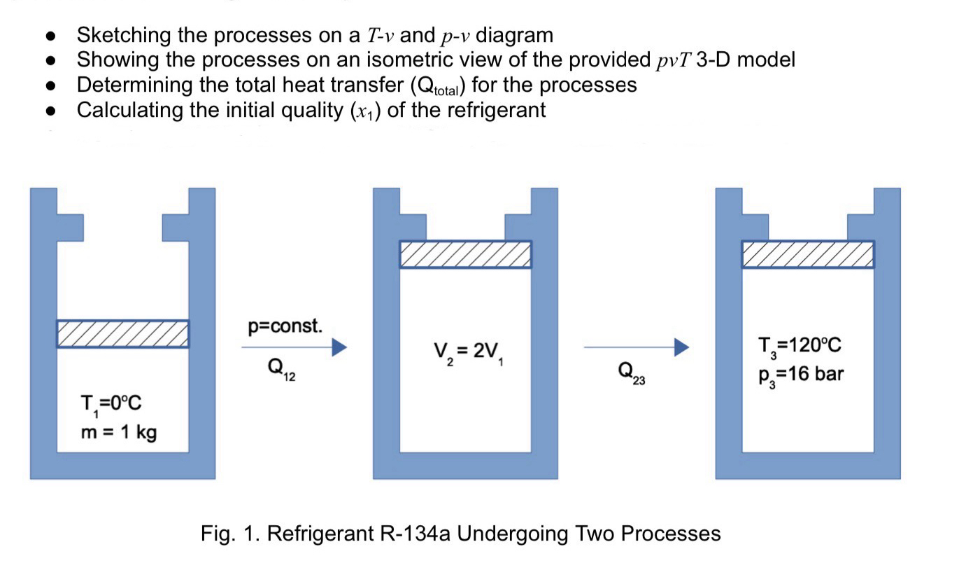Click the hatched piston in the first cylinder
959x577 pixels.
point(122,333)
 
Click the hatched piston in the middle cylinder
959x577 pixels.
point(465,254)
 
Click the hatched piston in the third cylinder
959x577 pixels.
point(808,254)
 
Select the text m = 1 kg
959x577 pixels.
point(119,432)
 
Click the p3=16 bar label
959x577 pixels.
point(801,373)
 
